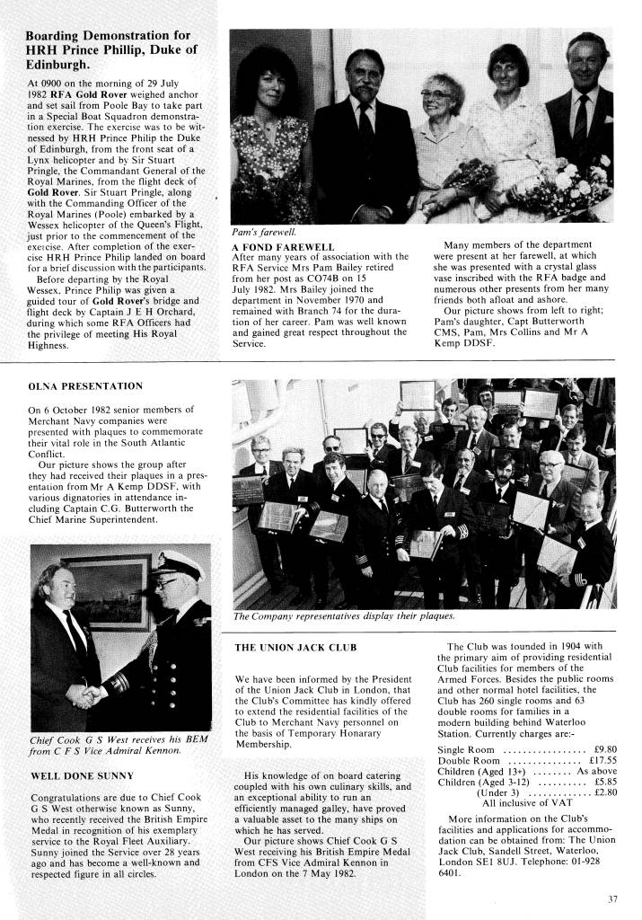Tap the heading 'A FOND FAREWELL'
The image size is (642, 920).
click(283, 245)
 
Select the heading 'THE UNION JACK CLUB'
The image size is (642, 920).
click(295, 647)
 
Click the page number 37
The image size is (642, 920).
click(613, 898)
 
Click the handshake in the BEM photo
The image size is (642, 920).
click(83, 696)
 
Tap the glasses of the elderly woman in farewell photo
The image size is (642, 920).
click(436, 93)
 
